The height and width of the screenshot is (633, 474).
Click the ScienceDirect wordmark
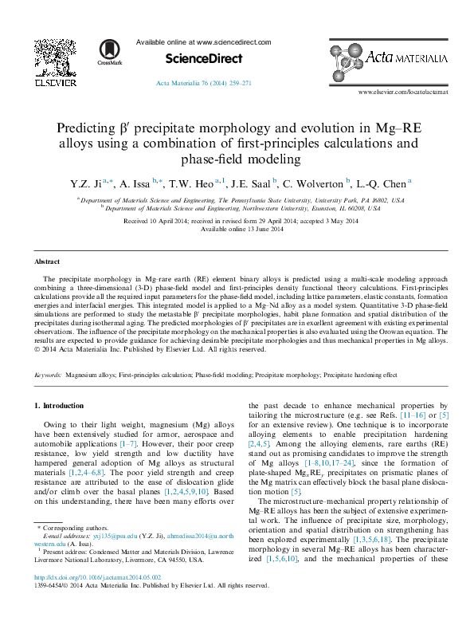tap(203, 58)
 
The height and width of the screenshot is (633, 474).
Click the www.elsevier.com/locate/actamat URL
tap(402, 92)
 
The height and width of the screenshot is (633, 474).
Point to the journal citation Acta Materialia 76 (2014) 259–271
tap(204, 83)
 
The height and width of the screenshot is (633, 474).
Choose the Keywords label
tap(48, 373)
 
